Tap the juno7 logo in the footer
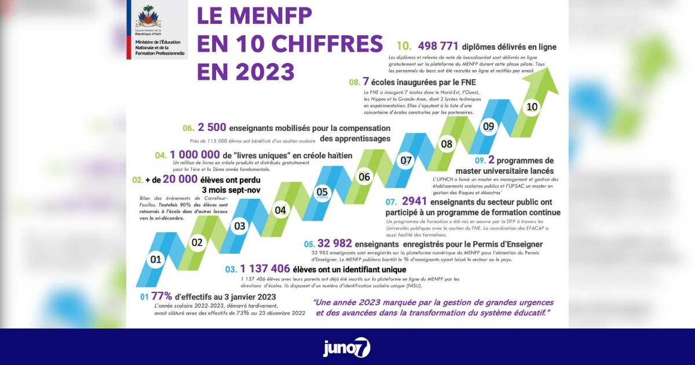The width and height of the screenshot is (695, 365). click(347, 347)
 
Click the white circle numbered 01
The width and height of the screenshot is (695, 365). click(155, 260)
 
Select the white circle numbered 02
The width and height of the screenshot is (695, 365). click(197, 242)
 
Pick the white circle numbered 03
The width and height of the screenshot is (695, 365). click(239, 226)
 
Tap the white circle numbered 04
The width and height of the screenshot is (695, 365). click(280, 210)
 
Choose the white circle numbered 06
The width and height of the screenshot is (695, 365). click(364, 177)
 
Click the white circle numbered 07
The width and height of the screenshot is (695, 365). click(405, 160)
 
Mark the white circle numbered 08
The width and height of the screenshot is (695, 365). click(447, 144)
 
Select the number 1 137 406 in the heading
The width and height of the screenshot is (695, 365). click(265, 269)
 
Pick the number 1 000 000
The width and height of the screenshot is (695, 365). click(195, 155)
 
